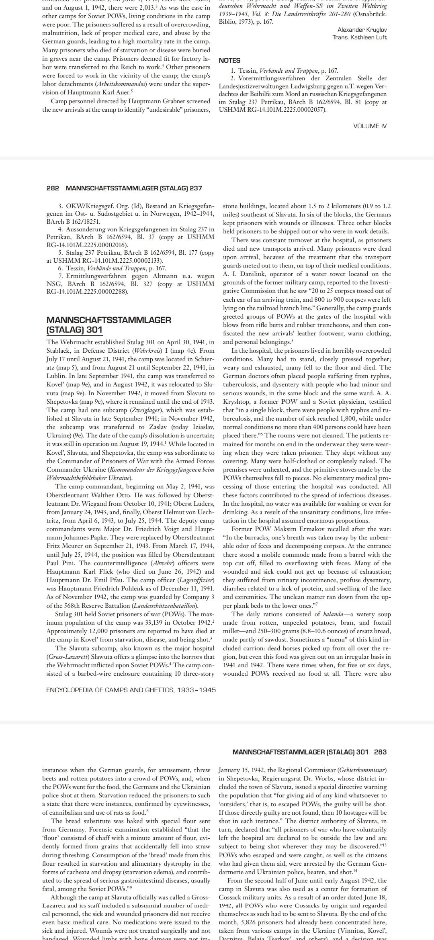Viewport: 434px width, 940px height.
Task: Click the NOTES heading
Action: (x=229, y=60)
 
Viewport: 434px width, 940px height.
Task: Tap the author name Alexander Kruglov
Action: (x=362, y=30)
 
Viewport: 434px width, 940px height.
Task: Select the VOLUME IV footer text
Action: (x=370, y=126)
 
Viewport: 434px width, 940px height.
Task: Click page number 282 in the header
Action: (x=53, y=188)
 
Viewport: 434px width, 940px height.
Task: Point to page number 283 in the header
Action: (x=380, y=752)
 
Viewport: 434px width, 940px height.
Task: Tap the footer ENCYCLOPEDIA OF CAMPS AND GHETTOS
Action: (x=131, y=690)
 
